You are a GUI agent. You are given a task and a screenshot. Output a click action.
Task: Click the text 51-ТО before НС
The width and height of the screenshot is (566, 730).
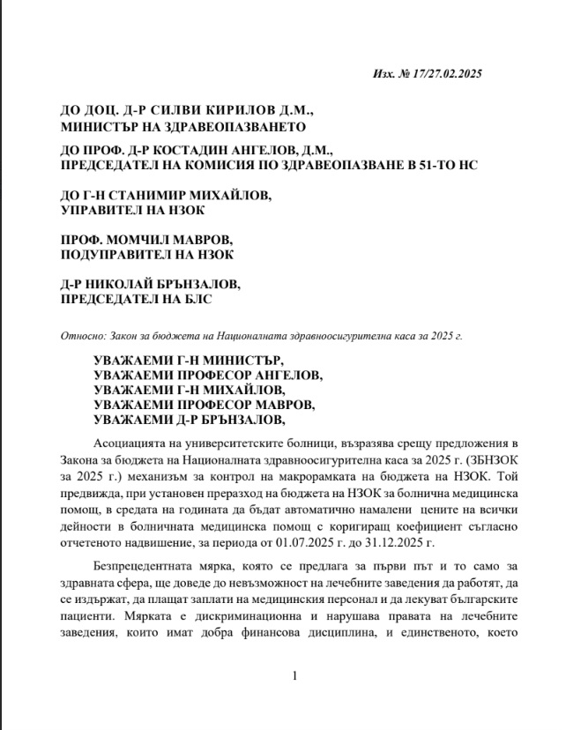point(428,166)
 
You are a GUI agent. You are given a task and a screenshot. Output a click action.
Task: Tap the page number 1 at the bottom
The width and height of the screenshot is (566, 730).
point(294,676)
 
